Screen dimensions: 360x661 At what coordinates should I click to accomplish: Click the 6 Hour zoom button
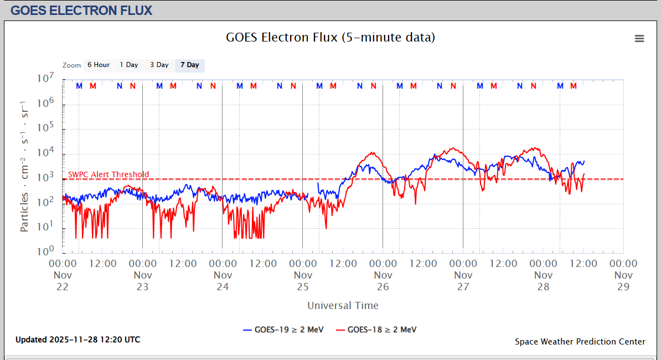[x=99, y=65]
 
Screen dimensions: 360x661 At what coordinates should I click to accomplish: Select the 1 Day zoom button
[x=129, y=65]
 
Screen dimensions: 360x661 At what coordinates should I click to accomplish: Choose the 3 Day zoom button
[x=159, y=65]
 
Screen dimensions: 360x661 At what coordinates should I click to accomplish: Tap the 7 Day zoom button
[x=189, y=65]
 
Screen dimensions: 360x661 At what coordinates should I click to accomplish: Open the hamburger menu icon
[x=639, y=38]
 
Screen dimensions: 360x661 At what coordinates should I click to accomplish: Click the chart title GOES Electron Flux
[x=330, y=38]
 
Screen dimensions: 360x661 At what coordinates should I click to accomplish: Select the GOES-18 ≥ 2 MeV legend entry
[x=376, y=330]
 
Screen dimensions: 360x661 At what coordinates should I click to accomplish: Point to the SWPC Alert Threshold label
[x=109, y=174]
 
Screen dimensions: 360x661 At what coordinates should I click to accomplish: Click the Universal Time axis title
[x=343, y=305]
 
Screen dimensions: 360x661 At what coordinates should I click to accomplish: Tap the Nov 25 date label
[x=303, y=280]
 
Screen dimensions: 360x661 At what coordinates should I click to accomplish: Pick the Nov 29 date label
[x=623, y=280]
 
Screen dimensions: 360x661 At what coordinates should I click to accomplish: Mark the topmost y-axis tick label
[x=44, y=79]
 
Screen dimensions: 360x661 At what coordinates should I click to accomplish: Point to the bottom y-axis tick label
[x=44, y=251]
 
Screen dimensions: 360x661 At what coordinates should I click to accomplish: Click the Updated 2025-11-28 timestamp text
[x=78, y=340]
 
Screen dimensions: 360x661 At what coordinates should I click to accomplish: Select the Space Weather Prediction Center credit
[x=580, y=341]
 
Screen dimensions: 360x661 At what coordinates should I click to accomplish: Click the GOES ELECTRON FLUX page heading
[x=81, y=10]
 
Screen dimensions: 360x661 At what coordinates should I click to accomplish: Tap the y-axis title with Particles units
[x=24, y=166]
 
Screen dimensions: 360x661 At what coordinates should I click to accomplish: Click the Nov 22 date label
[x=63, y=280]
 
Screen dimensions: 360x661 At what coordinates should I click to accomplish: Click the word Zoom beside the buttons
[x=72, y=65]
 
